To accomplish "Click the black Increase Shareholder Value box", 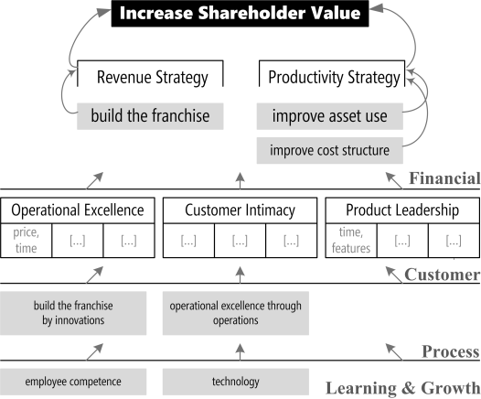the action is pos(240,14).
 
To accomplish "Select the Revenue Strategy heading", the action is pos(153,77).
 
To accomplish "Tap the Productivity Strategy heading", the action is pos(334,77).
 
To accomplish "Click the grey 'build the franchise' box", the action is pos(150,116).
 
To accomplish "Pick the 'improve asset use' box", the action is pos(330,116).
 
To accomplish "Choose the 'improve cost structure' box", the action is pos(330,150).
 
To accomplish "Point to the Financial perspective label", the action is pos(444,178).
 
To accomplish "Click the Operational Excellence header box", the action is pos(78,210).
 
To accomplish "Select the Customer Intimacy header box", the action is pos(240,210).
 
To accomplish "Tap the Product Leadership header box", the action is pos(402,210).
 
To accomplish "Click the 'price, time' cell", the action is pos(27,241).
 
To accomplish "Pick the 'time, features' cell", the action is pos(351,241).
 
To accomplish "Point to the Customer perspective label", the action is pos(443,274).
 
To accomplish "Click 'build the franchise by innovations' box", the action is pos(73,313).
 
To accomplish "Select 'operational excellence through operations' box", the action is pos(236,313).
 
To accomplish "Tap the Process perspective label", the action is pos(451,351).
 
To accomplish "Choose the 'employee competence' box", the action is pos(73,382).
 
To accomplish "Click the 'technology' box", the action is pos(236,382).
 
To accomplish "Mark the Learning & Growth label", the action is pos(402,388).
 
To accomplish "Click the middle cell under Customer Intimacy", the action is pos(240,241).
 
